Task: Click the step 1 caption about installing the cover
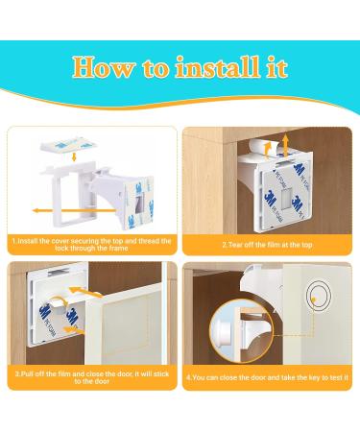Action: coord(91,245)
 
